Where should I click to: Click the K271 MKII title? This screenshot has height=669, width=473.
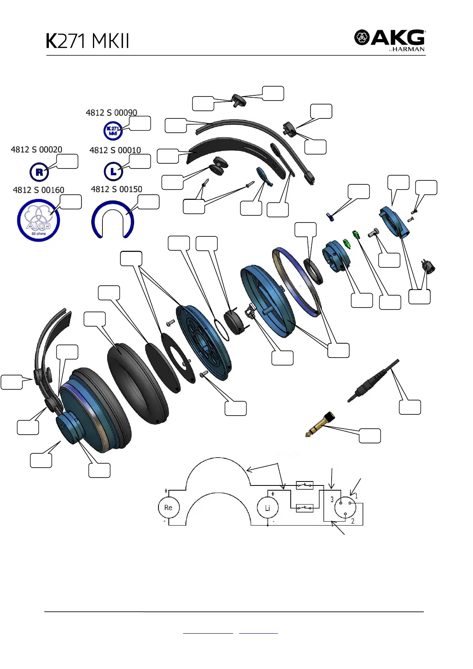click(x=87, y=41)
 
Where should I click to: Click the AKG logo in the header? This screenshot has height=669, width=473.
click(x=389, y=40)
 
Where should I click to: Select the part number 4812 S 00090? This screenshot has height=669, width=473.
click(x=111, y=113)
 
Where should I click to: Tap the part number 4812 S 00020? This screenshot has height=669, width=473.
click(x=37, y=150)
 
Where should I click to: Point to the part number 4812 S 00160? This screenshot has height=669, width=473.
click(x=39, y=190)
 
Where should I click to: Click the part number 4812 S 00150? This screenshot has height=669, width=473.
click(x=116, y=189)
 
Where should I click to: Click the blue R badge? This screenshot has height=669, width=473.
click(x=39, y=172)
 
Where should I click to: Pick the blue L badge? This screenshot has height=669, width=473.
click(x=113, y=172)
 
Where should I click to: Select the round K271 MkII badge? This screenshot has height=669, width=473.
click(x=113, y=131)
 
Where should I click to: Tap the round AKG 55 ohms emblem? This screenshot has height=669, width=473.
click(x=39, y=220)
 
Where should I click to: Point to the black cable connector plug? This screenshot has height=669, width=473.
click(x=373, y=381)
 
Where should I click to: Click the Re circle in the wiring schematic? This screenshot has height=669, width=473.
click(x=168, y=508)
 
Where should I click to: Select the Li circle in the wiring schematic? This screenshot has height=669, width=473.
click(x=267, y=508)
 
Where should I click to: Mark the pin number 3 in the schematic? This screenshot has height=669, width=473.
click(x=332, y=500)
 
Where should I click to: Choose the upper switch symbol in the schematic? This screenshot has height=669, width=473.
click(x=305, y=485)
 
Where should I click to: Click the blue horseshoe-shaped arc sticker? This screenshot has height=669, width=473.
click(x=113, y=220)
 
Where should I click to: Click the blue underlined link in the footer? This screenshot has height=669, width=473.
click(x=258, y=632)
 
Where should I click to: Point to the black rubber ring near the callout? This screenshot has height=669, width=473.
click(x=313, y=271)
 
